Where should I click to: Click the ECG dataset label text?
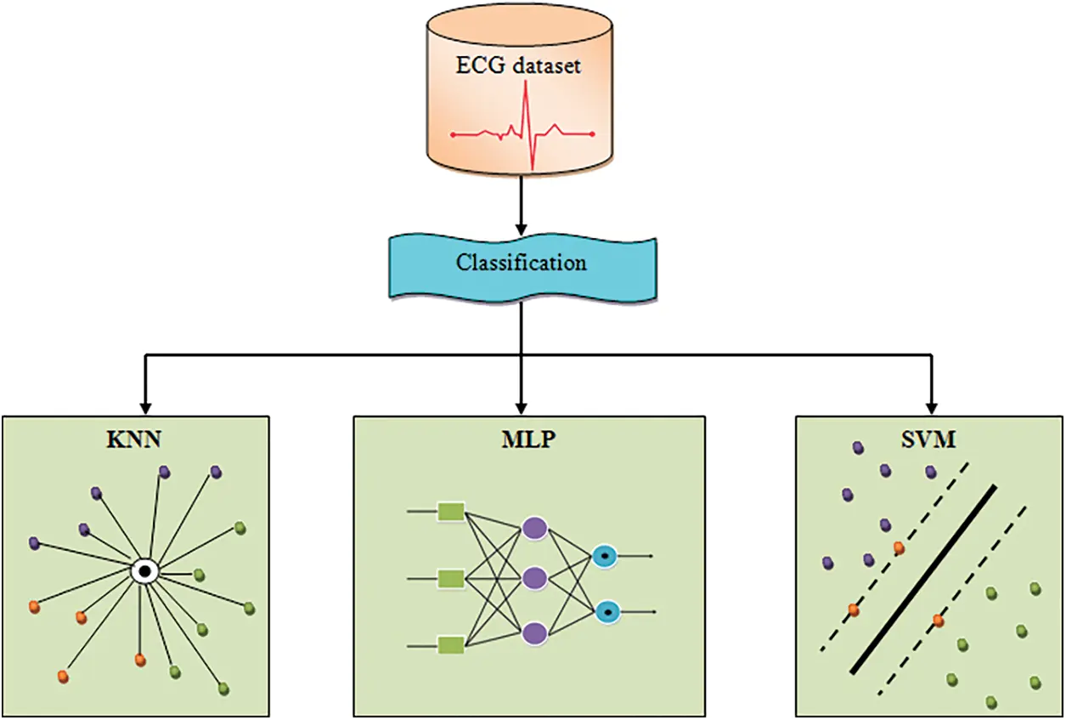tap(518, 65)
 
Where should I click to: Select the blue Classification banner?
tap(522, 267)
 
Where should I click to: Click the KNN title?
tap(133, 439)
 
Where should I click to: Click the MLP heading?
tap(528, 439)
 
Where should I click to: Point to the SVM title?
tap(928, 439)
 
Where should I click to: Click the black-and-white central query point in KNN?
tap(144, 571)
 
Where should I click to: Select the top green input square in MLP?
tap(451, 512)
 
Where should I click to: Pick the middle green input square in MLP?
tap(451, 579)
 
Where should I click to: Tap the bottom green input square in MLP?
tap(451, 646)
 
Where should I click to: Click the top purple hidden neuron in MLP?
tap(534, 528)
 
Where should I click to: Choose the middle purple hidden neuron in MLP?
tap(534, 579)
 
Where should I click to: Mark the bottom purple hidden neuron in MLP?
tap(534, 634)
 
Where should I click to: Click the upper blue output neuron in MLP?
tap(605, 556)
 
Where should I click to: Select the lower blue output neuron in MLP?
tap(607, 612)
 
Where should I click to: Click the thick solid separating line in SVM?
tap(923, 580)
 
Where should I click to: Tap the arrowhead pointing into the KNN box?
tap(145, 409)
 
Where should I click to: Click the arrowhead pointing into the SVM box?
tap(931, 409)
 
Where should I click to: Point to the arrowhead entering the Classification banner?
tap(522, 229)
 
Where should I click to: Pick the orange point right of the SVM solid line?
tap(938, 621)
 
